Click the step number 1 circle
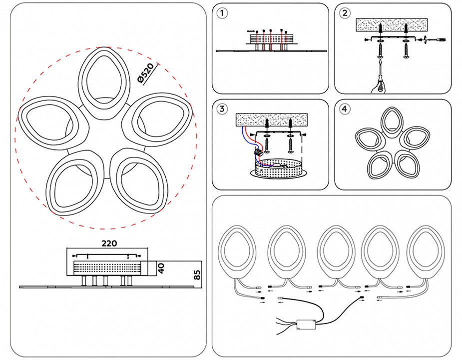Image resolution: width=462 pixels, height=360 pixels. point(223,13)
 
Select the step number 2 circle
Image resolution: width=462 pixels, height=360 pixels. point(345,13)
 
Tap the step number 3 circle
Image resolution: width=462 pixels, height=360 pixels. point(223,108)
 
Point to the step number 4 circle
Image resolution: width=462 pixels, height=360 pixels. point(345,108)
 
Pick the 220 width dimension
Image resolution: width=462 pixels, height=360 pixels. point(109,243)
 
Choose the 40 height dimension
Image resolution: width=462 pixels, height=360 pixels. point(161,267)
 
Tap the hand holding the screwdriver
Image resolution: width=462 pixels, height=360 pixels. point(379,88)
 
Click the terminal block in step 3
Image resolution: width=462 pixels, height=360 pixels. point(259,153)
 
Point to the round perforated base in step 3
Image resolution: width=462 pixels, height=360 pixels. point(277,169)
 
